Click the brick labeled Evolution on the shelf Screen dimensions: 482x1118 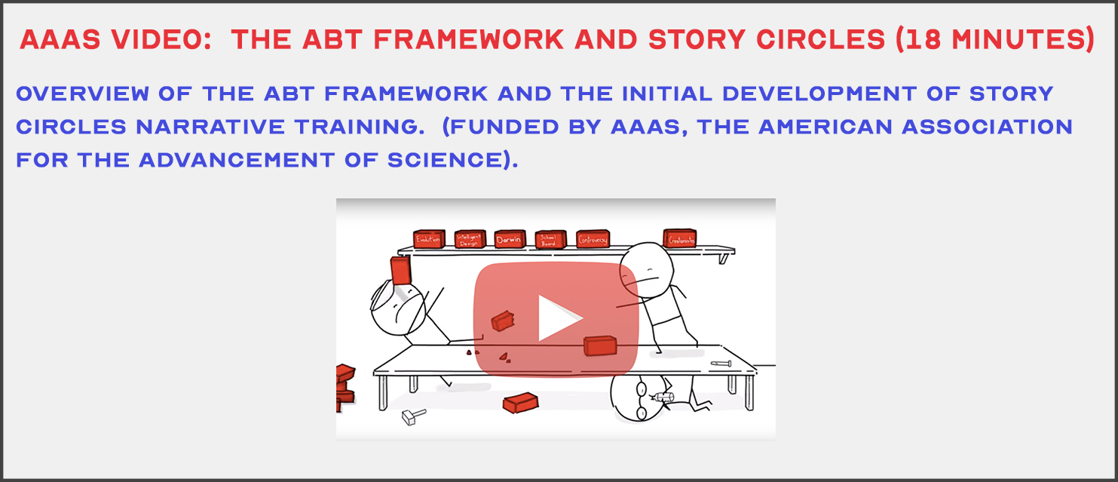click(x=428, y=239)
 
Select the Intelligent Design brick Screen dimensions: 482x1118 click(x=470, y=240)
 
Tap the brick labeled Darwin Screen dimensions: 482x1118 click(x=510, y=240)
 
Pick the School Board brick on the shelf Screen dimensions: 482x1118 click(x=550, y=240)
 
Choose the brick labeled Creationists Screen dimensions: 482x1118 click(x=679, y=238)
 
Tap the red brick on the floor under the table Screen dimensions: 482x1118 click(x=520, y=402)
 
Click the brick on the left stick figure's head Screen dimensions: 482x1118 click(x=400, y=270)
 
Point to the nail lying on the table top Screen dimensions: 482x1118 click(x=721, y=363)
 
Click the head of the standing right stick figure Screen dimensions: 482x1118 click(x=639, y=264)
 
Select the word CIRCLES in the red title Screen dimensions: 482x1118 click(x=813, y=39)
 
